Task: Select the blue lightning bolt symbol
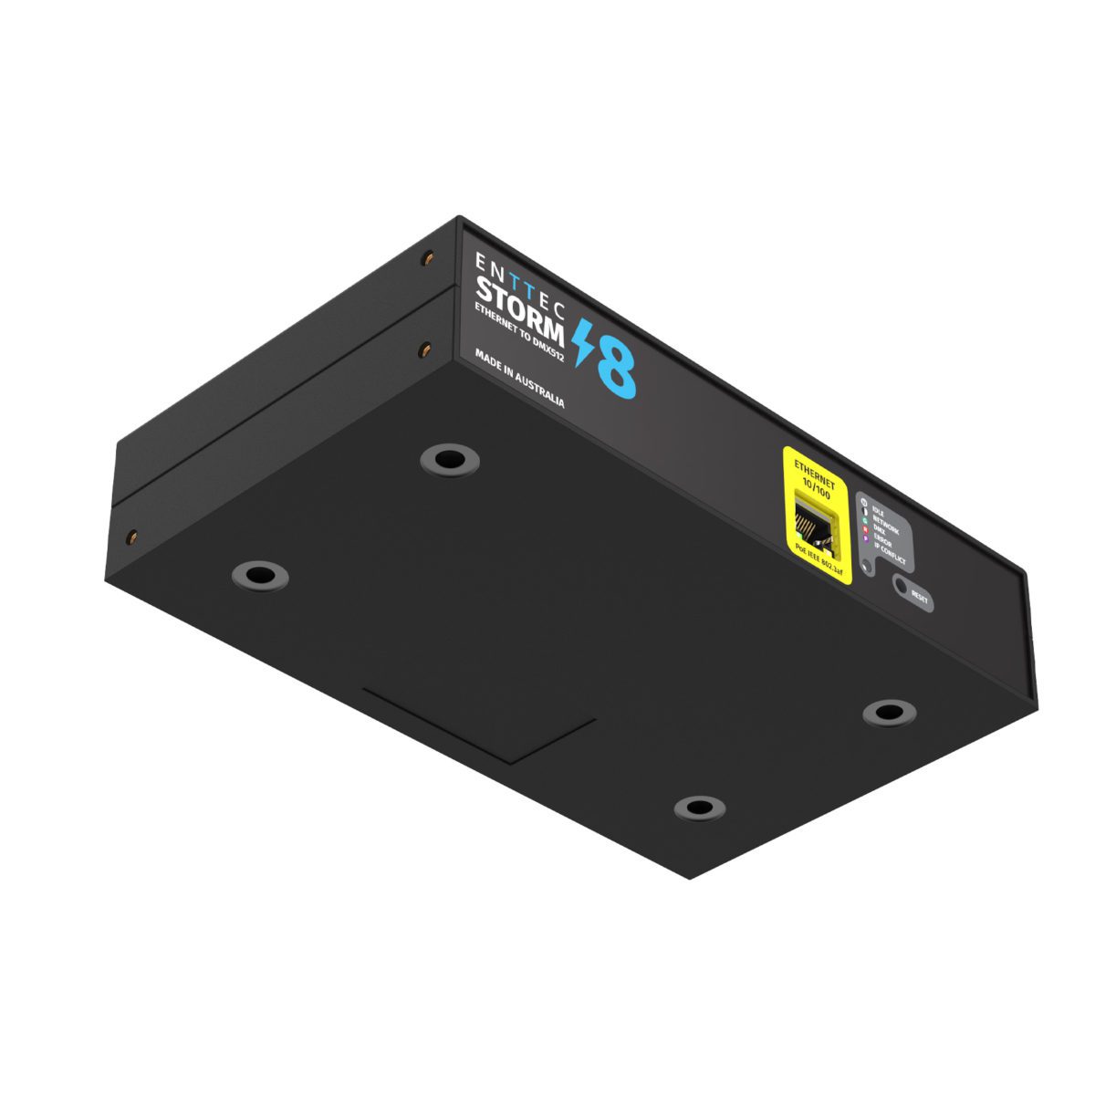pyautogui.click(x=582, y=342)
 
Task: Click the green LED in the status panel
pyautogui.click(x=864, y=520)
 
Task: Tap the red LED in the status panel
pyautogui.click(x=864, y=530)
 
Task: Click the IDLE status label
pyautogui.click(x=879, y=513)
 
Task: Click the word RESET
pyautogui.click(x=919, y=598)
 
